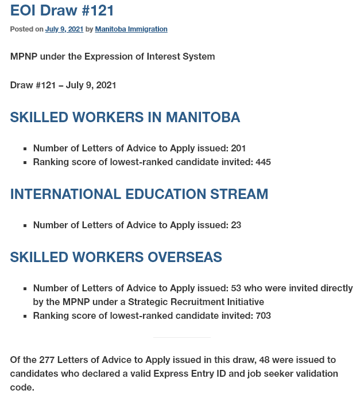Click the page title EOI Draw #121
pos(62,10)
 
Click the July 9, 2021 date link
pos(64,29)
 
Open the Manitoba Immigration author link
pos(131,29)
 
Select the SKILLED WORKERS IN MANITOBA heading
pos(125,118)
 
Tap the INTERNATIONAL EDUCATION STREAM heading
pos(139,194)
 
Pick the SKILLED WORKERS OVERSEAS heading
pos(116,257)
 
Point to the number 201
pos(238,149)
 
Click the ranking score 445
pos(263,162)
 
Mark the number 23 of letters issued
pos(236,225)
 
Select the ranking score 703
pos(263,316)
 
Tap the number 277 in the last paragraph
pos(47,360)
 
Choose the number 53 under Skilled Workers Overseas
pos(236,288)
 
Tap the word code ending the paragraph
pos(22,388)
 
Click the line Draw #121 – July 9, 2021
pos(63,85)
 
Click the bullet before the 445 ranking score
pos(26,163)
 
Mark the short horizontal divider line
pos(182,337)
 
